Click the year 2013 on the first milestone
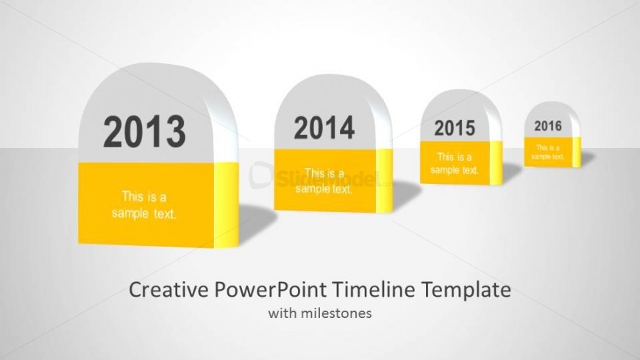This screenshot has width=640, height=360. click(x=144, y=132)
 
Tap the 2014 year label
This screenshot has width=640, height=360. click(x=324, y=127)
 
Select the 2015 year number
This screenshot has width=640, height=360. click(x=455, y=128)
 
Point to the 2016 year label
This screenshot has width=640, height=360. click(x=548, y=126)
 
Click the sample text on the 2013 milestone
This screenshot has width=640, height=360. click(x=144, y=205)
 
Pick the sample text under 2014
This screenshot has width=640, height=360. click(x=324, y=181)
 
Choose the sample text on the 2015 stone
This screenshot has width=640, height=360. click(x=455, y=163)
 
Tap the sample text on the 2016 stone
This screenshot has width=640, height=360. click(x=548, y=152)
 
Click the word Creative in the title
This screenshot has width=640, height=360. click(x=168, y=290)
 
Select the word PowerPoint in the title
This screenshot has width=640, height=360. click(x=270, y=290)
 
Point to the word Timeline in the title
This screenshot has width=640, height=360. click(x=374, y=290)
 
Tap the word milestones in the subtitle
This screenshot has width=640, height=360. click(x=336, y=314)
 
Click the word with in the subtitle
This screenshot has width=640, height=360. click(x=283, y=314)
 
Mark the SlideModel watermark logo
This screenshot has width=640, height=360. click(x=321, y=177)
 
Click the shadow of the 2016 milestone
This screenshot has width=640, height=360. click(x=588, y=158)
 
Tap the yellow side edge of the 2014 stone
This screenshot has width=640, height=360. click(x=384, y=180)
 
